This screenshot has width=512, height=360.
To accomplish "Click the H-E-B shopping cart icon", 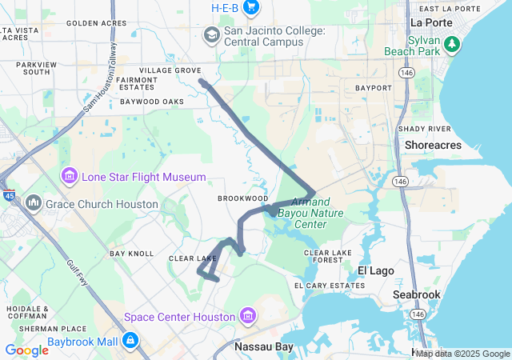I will point(251,8).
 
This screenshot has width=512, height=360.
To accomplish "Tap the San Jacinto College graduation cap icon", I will point(212,34).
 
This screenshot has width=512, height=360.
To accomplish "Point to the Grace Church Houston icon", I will point(34,203).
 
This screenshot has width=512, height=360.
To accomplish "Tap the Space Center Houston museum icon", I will point(247,317).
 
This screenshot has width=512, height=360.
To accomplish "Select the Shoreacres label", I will point(433,145).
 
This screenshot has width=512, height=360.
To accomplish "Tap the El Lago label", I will point(375,270).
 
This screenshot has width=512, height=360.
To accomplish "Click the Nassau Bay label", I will point(265,347).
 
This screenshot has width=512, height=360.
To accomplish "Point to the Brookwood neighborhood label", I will point(242,198).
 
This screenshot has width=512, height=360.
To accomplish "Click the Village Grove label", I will point(170,70).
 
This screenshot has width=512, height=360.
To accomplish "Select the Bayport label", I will point(373,87).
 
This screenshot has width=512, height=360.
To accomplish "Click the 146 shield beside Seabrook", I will point(418,314).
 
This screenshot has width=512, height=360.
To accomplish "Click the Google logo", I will point(26,350).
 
